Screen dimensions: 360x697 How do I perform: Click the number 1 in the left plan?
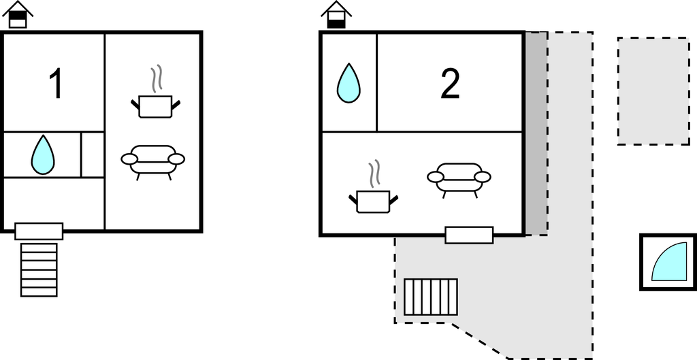click(56, 84)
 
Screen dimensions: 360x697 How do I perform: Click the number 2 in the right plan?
click(450, 84)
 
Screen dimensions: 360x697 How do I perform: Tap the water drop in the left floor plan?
click(42, 154)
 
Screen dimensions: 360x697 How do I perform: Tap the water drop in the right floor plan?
click(348, 83)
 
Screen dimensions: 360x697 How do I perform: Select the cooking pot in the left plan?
click(156, 106)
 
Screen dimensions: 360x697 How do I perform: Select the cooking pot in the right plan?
click(373, 201)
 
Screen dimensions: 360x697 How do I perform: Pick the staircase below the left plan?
click(39, 269)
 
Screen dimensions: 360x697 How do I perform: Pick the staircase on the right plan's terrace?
click(431, 297)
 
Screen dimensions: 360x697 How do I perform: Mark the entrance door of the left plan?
click(39, 231)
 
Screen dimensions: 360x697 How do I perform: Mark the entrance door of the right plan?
click(469, 235)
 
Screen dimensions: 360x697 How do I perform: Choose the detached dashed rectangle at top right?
click(653, 91)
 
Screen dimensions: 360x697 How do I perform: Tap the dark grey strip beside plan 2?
click(536, 133)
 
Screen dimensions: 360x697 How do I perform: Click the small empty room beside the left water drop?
click(93, 154)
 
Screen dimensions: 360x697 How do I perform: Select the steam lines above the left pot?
click(157, 78)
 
